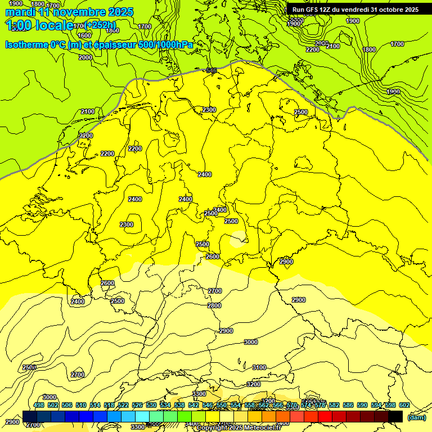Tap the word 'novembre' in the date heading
pos(77,12)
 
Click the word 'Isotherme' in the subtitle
pos(27,44)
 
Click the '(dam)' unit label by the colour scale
pos(416,417)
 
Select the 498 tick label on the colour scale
pos(39,405)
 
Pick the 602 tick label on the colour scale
pos(404,405)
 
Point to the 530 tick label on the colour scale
pos(151,405)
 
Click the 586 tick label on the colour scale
pos(348,405)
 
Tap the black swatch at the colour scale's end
pos(395,416)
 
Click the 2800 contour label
pos(214,305)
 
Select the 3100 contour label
pos(259,367)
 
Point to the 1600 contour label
pos(84,35)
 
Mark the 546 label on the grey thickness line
pos(211,70)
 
